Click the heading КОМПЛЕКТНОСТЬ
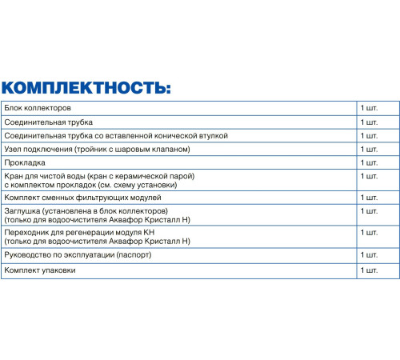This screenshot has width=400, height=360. (x=86, y=87)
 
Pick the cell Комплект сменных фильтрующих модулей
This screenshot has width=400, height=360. (x=82, y=197)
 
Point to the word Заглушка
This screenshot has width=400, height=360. (x=22, y=210)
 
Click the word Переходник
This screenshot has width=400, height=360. (x=26, y=232)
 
